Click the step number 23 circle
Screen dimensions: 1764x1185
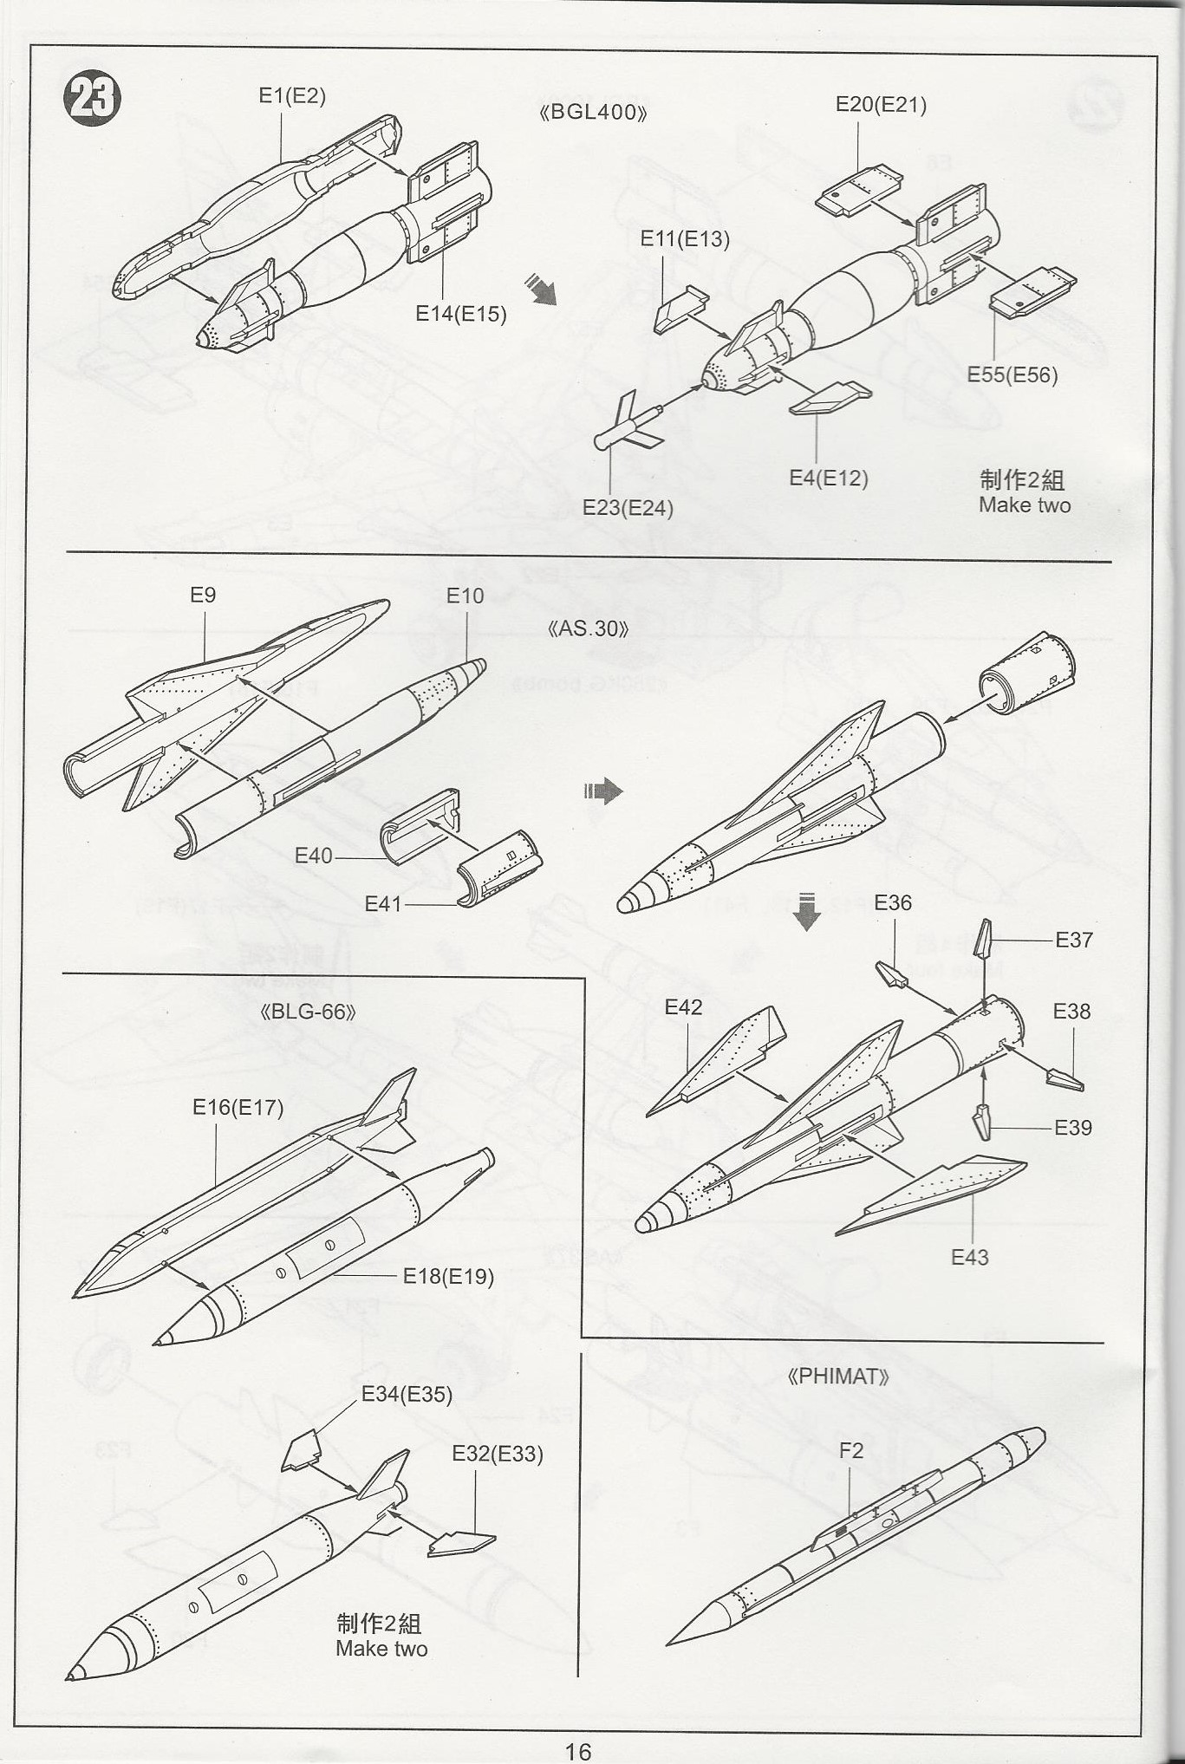(92, 98)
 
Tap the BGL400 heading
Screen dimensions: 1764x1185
(593, 113)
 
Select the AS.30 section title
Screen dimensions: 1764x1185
(588, 628)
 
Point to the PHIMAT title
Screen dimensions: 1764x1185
(837, 1377)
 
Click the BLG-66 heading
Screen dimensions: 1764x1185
(308, 1012)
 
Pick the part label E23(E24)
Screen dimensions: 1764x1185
(628, 508)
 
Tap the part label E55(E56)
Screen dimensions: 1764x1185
(1012, 375)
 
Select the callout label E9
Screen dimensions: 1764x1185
(203, 595)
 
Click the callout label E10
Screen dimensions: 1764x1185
(465, 596)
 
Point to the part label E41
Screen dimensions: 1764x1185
(383, 904)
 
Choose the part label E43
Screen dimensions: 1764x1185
(969, 1257)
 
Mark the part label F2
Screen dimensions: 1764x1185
(851, 1450)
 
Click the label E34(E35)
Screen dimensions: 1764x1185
(407, 1394)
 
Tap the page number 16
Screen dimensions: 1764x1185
(578, 1752)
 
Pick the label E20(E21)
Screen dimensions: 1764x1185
(881, 105)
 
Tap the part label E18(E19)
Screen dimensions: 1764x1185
(448, 1276)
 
